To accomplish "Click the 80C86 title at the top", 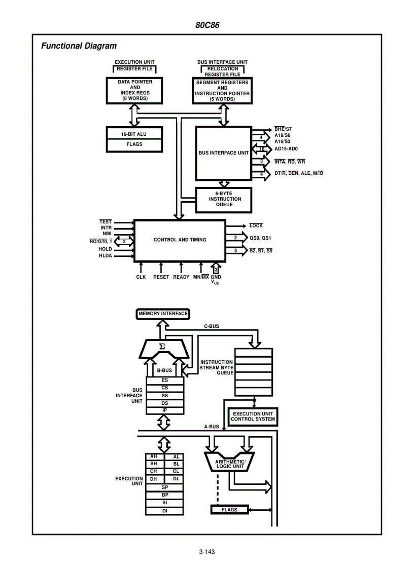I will point(207,25).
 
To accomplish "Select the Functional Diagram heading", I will point(79,46).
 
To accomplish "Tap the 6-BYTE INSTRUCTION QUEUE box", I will point(225,199).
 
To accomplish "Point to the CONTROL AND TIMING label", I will point(180,240).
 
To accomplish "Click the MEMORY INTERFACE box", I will point(163,314).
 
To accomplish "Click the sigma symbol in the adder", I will point(162,347).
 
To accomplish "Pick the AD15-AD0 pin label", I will point(286,149).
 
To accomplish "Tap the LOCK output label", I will point(256,226).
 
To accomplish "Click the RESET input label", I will point(161,277).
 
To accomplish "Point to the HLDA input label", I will point(106,256).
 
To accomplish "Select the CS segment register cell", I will point(165,388).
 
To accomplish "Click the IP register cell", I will point(165,410).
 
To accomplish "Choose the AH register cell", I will point(154,457).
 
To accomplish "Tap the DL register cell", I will point(176,479).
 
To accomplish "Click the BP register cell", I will point(165,495).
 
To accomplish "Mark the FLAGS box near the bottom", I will point(229,510).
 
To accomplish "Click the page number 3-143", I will point(207,552).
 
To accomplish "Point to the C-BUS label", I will point(212,326).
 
